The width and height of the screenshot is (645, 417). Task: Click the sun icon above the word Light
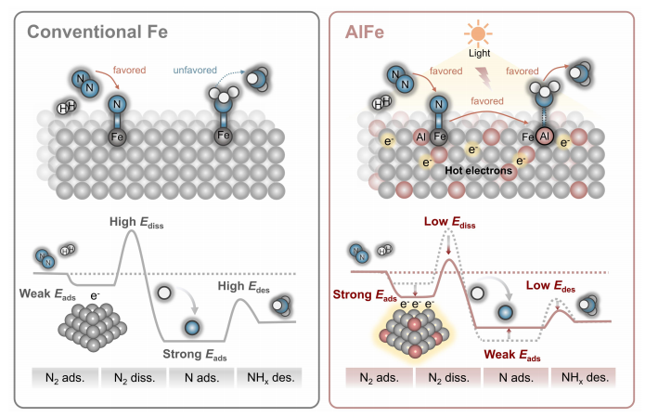[x=478, y=33]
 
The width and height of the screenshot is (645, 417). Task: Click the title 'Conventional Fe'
[x=97, y=32]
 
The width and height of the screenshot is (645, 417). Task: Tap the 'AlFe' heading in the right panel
[x=365, y=32]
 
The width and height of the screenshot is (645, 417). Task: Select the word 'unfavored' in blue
[x=195, y=70]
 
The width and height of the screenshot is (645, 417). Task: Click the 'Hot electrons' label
[x=478, y=171]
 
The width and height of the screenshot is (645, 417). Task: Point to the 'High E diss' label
[x=136, y=223]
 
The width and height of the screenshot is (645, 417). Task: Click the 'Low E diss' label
[x=449, y=222]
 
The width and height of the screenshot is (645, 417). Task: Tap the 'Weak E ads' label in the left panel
[x=47, y=294]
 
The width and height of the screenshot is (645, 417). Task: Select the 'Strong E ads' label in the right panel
[x=365, y=295]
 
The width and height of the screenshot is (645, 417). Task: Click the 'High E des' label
[x=243, y=287]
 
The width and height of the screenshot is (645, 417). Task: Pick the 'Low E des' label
[x=550, y=286]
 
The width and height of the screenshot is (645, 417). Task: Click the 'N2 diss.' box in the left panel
[x=134, y=377]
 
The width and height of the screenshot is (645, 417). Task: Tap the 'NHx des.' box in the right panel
[x=585, y=377]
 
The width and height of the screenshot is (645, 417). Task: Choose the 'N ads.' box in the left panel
[x=201, y=377]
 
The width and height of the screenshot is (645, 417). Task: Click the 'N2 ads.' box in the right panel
[x=380, y=377]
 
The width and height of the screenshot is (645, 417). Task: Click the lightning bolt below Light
[x=484, y=78]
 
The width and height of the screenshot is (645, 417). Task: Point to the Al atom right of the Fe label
[x=545, y=137]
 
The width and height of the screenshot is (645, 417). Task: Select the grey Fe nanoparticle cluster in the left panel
[x=93, y=327]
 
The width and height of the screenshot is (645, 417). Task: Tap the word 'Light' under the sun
[x=479, y=53]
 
